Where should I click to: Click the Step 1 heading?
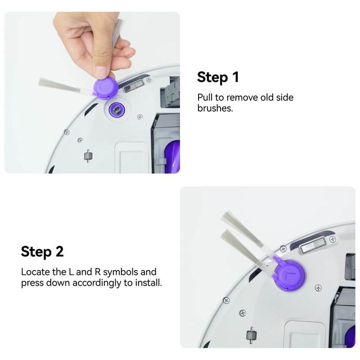(218, 77)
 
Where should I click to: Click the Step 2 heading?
(42, 251)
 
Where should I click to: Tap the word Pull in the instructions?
(205, 97)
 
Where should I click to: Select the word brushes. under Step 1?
(215, 108)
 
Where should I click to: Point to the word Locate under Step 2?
(36, 272)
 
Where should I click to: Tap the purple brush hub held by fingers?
(105, 87)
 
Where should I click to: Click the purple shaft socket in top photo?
(116, 109)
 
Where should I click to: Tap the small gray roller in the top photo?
(88, 156)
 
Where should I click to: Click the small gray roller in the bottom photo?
(250, 335)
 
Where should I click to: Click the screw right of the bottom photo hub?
(318, 287)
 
